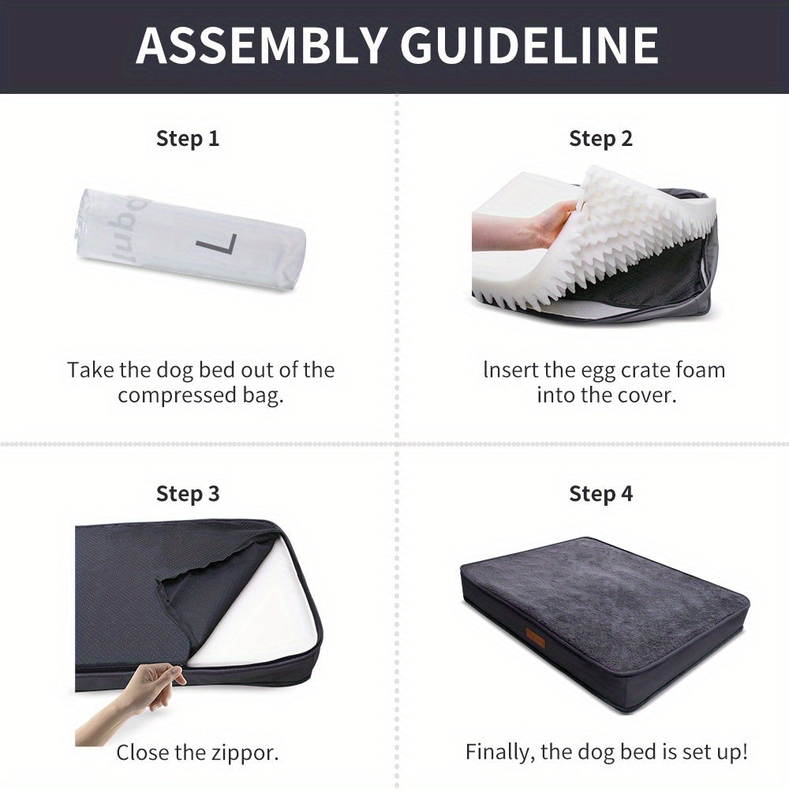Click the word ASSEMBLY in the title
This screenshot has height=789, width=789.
pyautogui.click(x=260, y=46)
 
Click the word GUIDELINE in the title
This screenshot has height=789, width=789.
pyautogui.click(x=529, y=46)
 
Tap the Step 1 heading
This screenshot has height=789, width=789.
pyautogui.click(x=188, y=138)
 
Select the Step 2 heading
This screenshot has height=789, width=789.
pyautogui.click(x=600, y=138)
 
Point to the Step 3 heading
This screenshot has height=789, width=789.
pyautogui.click(x=188, y=494)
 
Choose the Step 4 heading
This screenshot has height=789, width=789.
pyautogui.click(x=600, y=494)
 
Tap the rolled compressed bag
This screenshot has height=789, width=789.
pyautogui.click(x=190, y=240)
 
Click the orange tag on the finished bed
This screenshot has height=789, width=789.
pyautogui.click(x=536, y=635)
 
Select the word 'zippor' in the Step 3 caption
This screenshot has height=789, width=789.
pyautogui.click(x=245, y=753)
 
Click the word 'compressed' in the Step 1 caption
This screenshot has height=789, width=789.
pyautogui.click(x=178, y=396)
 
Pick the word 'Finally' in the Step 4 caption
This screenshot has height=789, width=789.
pyautogui.click(x=499, y=753)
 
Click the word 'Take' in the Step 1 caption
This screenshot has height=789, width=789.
pyautogui.click(x=91, y=370)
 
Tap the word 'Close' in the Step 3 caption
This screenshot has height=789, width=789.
pyautogui.click(x=143, y=753)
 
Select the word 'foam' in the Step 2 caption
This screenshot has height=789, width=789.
pyautogui.click(x=701, y=370)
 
